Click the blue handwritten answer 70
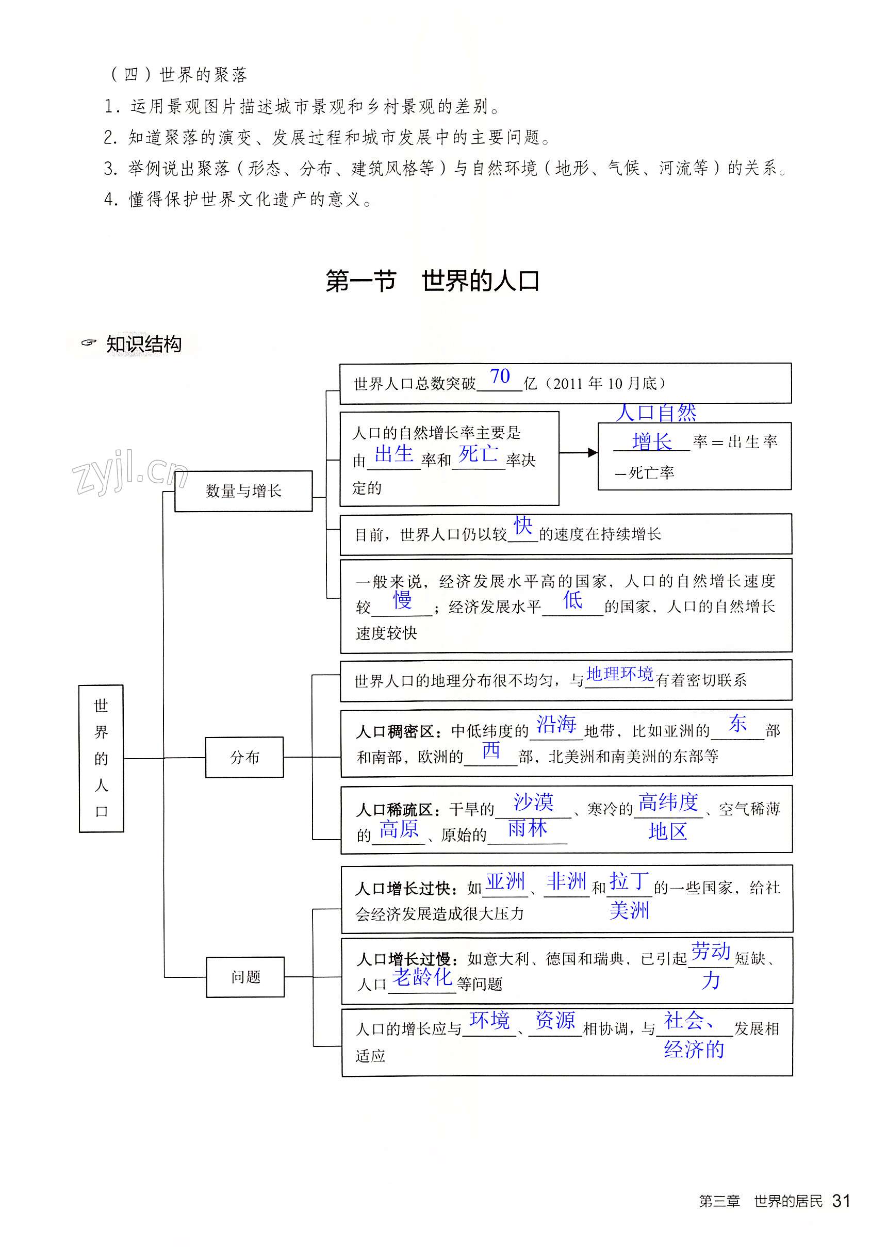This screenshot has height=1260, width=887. coord(500,377)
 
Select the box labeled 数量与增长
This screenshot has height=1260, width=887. coord(243,491)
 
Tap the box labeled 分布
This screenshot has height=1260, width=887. coord(244,757)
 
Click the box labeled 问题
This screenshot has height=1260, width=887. coord(245,977)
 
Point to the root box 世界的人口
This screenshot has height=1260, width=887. coord(101,758)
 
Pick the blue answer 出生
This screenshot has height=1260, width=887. coord(393,454)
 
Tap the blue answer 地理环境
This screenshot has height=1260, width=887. coord(619,674)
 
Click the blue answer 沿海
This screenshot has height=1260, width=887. coord(556,725)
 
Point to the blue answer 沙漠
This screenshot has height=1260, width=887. coord(533,803)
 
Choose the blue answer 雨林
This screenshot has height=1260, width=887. coord(527,828)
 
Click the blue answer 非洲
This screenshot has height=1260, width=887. coord(566,881)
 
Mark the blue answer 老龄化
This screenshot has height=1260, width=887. coord(422,977)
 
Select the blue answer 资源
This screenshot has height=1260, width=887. coord(554,1020)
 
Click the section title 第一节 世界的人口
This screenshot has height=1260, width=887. coord(432,281)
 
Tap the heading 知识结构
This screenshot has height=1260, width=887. coord(143,345)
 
